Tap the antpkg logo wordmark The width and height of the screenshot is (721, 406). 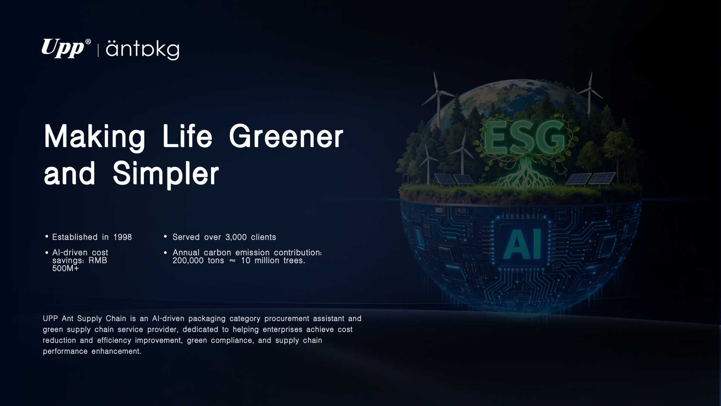pyautogui.click(x=143, y=50)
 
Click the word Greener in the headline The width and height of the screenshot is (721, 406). pyautogui.click(x=286, y=136)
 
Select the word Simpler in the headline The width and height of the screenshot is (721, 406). pyautogui.click(x=166, y=174)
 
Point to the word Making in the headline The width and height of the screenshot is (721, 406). pyautogui.click(x=95, y=137)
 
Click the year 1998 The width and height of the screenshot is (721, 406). pyautogui.click(x=123, y=237)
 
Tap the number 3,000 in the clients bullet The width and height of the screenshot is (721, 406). pyautogui.click(x=236, y=237)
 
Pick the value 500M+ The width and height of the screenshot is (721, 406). pyautogui.click(x=66, y=268)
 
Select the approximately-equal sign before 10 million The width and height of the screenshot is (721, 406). pyautogui.click(x=232, y=261)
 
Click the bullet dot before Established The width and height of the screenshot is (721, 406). pyautogui.click(x=47, y=236)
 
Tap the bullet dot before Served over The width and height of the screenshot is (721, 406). pyautogui.click(x=165, y=236)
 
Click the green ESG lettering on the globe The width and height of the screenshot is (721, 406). pyautogui.click(x=524, y=138)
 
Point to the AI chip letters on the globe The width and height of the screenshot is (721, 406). pyautogui.click(x=522, y=244)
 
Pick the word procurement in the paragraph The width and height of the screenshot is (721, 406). pyautogui.click(x=287, y=319)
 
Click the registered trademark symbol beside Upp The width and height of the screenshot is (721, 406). pyautogui.click(x=88, y=42)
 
